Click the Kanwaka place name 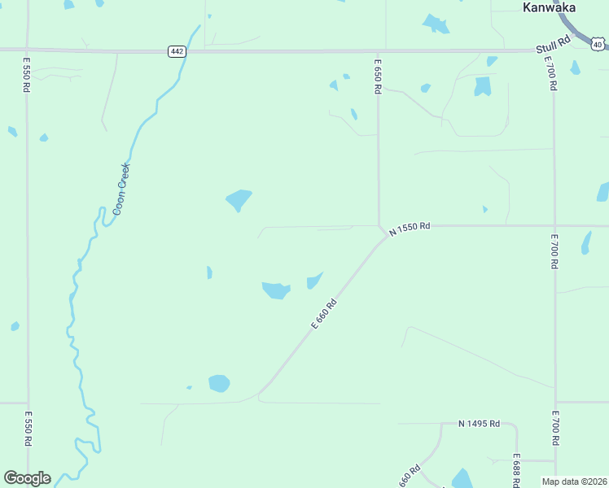[x=549, y=7]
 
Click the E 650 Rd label [x=378, y=76]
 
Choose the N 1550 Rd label [x=409, y=229]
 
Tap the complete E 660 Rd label [x=323, y=314]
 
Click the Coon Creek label [x=122, y=188]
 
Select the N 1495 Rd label [x=479, y=424]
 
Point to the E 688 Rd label [x=516, y=470]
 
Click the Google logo [x=27, y=478]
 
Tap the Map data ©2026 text [x=574, y=481]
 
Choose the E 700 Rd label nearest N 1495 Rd [x=556, y=429]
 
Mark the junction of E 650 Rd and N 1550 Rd [x=379, y=226]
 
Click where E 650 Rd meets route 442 [x=378, y=51]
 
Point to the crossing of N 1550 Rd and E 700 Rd [x=554, y=226]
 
